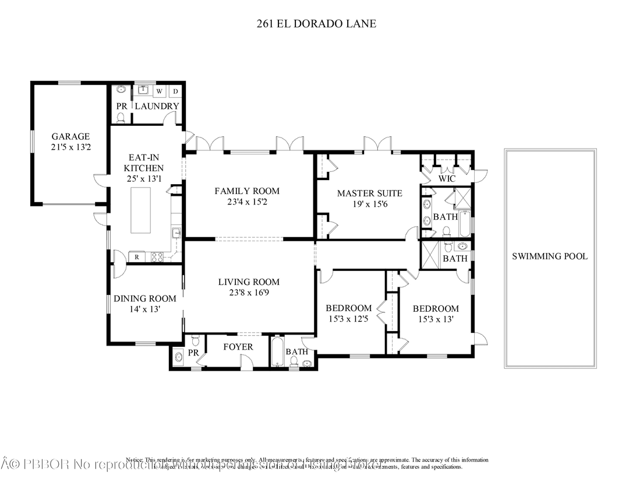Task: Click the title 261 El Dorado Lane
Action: click(317, 24)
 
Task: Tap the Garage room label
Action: click(70, 136)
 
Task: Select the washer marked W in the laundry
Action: click(159, 91)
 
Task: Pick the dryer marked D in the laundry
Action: click(175, 91)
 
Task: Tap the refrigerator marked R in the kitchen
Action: click(136, 256)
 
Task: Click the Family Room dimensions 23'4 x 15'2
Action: click(247, 202)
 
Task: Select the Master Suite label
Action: click(369, 193)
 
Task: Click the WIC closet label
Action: click(447, 179)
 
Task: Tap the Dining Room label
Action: click(144, 298)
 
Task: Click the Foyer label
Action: click(238, 347)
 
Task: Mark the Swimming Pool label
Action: click(549, 256)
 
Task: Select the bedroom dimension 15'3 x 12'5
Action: click(348, 319)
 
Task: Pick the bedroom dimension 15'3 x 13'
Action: click(436, 319)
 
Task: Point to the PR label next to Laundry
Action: click(122, 106)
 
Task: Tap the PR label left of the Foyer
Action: click(194, 353)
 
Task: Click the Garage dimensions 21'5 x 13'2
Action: click(70, 147)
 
